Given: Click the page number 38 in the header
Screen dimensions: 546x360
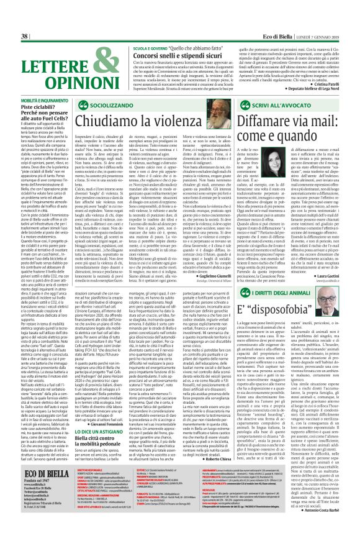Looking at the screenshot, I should point(8,6).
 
